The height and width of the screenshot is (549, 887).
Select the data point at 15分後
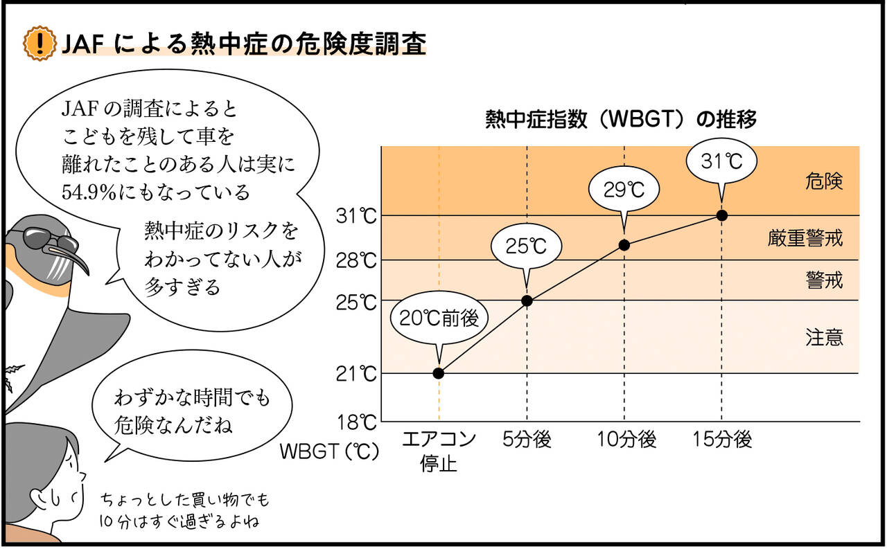(x=721, y=215)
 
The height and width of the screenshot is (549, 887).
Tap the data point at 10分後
(x=624, y=244)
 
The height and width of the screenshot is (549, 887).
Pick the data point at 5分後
(x=527, y=300)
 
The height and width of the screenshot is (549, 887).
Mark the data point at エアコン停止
(x=438, y=373)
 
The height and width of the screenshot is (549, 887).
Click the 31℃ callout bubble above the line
(x=721, y=161)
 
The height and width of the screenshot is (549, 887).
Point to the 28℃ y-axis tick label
(x=358, y=261)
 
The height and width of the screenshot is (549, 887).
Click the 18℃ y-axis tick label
(x=358, y=422)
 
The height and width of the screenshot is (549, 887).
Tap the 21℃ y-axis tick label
(x=358, y=375)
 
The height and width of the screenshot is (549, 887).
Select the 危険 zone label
(x=824, y=182)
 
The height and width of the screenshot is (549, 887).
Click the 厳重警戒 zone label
(x=805, y=239)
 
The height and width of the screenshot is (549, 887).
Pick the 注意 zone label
(x=824, y=338)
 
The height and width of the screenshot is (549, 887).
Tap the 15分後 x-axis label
(x=722, y=440)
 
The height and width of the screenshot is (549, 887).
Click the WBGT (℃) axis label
(x=330, y=451)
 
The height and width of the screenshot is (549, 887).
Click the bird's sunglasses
(x=52, y=242)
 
